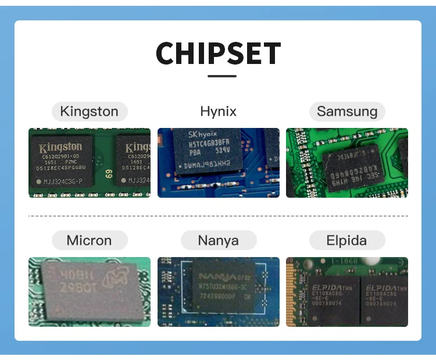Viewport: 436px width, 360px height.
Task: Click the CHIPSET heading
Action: [x=218, y=53]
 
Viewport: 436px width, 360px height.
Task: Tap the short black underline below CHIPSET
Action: [x=221, y=76]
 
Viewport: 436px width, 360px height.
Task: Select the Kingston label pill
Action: [x=89, y=111]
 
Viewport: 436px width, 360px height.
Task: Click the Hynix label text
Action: [x=218, y=111]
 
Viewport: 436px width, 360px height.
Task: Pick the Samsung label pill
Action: [x=347, y=111]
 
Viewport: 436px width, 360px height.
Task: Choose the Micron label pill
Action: [x=89, y=240]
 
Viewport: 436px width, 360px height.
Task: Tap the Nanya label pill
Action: [x=218, y=240]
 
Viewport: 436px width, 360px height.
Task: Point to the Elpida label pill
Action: [x=347, y=240]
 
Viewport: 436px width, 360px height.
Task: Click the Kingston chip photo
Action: [x=90, y=163]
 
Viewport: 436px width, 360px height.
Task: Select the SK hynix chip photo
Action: [x=218, y=163]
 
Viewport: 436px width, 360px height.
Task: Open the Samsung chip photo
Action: [x=347, y=163]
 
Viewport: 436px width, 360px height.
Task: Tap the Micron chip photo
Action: [x=90, y=292]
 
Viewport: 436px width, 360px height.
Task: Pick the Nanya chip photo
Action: [x=218, y=292]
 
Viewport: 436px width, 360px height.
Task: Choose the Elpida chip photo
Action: [x=347, y=292]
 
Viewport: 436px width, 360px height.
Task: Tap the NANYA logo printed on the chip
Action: [x=217, y=276]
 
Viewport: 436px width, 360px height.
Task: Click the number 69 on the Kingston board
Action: [x=108, y=173]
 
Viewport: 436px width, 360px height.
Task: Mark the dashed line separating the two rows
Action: [x=218, y=216]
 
